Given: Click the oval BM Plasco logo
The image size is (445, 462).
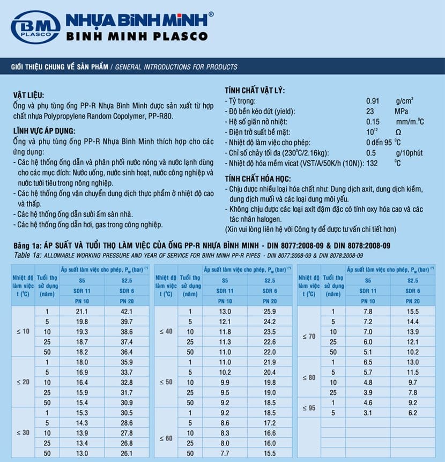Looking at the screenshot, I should tap(35, 27).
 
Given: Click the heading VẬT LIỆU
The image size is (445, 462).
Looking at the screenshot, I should tap(29, 95).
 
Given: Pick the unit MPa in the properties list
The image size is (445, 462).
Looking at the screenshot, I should tap(402, 111).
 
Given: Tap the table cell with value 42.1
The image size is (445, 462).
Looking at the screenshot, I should tap(127, 311).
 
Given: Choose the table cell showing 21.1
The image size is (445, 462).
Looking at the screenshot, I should tap(82, 311).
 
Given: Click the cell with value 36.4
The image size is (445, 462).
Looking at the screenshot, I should tap(127, 352).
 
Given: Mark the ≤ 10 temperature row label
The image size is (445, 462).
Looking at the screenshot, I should tap(23, 332).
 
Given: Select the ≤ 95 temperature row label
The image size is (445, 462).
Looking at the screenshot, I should tap(309, 408).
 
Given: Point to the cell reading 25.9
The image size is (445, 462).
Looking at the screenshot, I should tap(270, 311).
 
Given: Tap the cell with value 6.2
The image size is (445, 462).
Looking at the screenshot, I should tap(413, 413).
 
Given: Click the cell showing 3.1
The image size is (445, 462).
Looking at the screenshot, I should tap(368, 413).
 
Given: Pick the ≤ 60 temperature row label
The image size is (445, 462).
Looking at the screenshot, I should tap(166, 438).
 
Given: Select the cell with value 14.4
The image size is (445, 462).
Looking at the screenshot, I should tap(413, 322).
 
